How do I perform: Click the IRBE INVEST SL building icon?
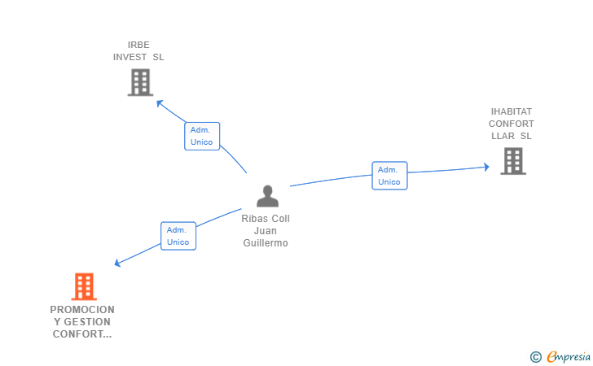140,82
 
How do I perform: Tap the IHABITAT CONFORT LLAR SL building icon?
512,161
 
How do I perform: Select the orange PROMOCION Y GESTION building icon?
84,286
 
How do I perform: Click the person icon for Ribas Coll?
267,196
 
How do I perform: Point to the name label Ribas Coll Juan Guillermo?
266,231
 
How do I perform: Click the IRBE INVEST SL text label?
138,50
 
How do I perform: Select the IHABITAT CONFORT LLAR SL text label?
512,124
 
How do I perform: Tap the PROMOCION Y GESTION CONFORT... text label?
82,322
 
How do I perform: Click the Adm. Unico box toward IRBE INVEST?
201,136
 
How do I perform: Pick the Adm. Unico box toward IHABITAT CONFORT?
389,176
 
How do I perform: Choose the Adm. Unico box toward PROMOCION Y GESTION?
178,236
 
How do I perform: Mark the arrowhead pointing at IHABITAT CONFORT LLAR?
485,167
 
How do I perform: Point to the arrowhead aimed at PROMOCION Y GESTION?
118,263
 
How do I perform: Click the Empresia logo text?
569,356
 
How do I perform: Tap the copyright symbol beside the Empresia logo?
535,356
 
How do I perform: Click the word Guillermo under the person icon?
266,243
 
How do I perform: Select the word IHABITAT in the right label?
512,111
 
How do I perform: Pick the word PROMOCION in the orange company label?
82,310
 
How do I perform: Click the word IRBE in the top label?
138,45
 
